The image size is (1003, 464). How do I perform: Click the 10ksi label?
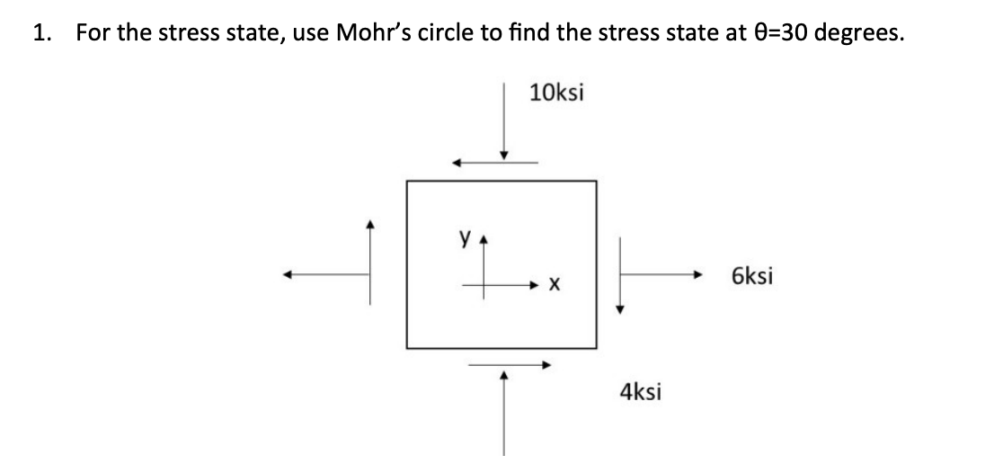pos(556,93)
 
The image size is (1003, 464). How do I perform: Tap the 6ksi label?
pos(751,276)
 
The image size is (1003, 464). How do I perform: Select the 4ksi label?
pos(641,391)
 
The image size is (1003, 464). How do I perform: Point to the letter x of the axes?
pos(555,286)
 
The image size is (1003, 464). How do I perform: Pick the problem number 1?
pos(39,34)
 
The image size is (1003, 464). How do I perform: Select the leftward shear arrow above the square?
pos(495,163)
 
